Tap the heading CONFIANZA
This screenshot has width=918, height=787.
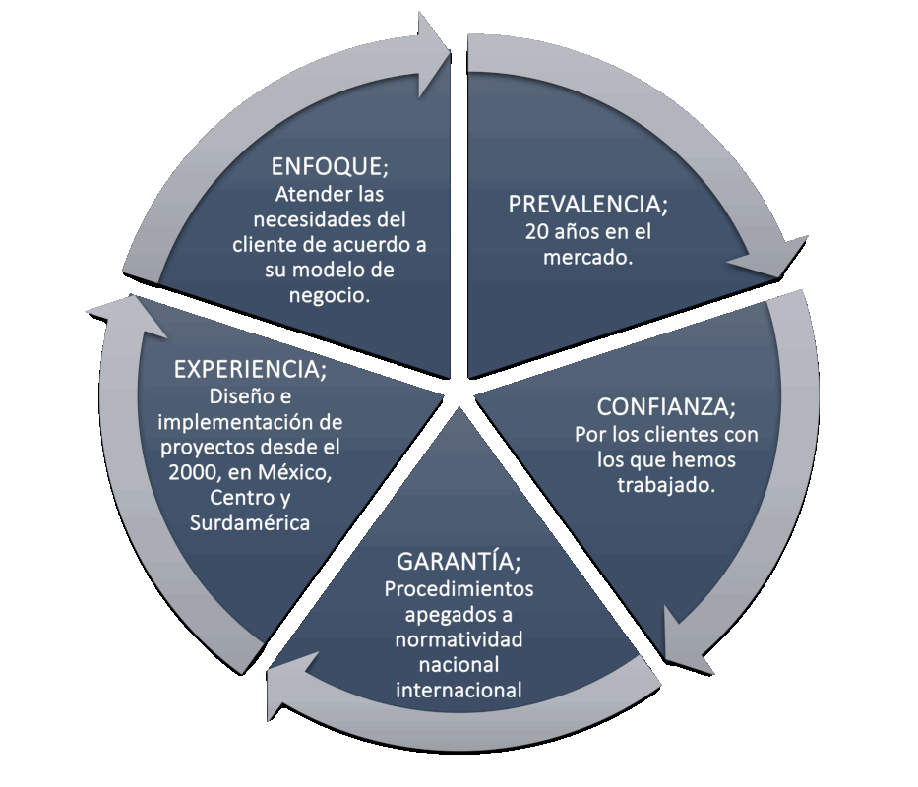(x=665, y=407)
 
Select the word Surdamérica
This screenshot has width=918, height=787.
(x=250, y=523)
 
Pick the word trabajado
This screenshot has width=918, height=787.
(x=665, y=486)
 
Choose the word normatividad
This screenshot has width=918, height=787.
(x=459, y=640)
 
